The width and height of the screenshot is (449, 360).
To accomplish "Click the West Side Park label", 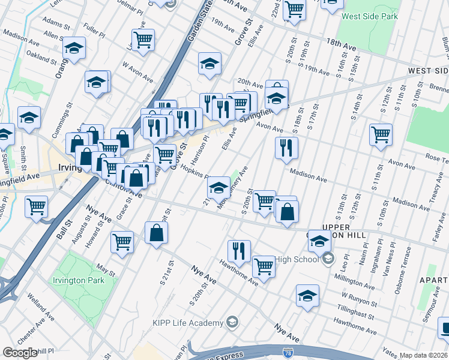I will click(x=369, y=16).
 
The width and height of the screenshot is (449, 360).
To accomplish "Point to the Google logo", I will click(x=19, y=353).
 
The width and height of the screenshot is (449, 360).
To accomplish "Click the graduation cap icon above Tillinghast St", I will click(x=307, y=295).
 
